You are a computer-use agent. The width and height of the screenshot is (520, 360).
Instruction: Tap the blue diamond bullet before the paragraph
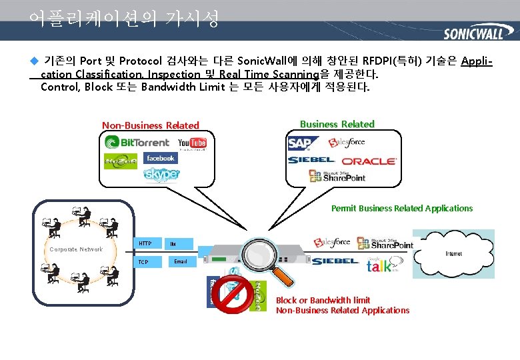click(x=34, y=61)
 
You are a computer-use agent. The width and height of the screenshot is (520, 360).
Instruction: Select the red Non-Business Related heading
click(x=150, y=125)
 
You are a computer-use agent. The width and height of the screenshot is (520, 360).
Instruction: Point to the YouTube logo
click(x=192, y=143)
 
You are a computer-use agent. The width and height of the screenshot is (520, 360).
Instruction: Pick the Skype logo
click(x=162, y=175)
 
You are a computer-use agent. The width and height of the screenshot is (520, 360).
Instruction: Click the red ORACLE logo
click(x=369, y=161)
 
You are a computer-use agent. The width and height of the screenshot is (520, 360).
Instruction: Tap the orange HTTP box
click(x=147, y=244)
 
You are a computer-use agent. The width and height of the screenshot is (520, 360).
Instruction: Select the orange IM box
click(x=180, y=244)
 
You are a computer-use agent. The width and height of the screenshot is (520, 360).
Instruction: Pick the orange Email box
click(x=180, y=262)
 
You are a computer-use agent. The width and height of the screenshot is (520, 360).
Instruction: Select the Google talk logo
click(x=379, y=265)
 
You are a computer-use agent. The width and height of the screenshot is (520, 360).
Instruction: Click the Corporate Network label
click(x=76, y=249)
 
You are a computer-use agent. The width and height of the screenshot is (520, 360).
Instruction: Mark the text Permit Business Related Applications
click(x=401, y=209)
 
